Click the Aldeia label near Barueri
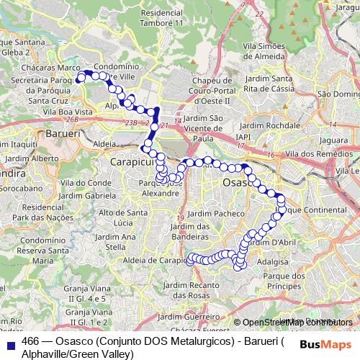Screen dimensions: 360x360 (104, 144)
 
